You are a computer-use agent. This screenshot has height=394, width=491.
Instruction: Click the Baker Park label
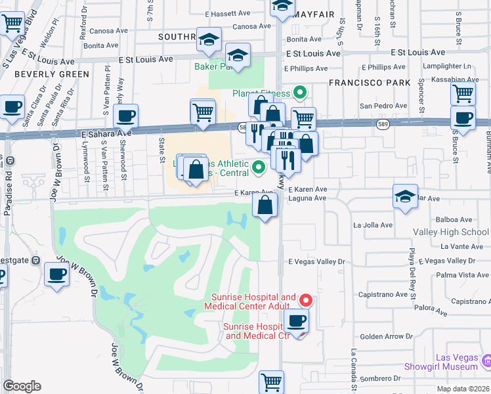click(x=214, y=66)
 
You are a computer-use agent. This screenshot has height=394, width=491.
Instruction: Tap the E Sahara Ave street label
click(x=106, y=132)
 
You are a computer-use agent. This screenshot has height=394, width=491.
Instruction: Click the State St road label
click(x=161, y=150)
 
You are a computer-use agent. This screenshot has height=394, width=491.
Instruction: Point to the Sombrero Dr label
click(x=380, y=378)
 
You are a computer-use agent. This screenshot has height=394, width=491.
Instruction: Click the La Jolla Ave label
click(x=373, y=225)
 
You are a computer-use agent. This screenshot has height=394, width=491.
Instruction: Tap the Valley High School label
click(x=450, y=232)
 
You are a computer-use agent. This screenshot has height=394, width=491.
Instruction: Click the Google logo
click(x=22, y=386)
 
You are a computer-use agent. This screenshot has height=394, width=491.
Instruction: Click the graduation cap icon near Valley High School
click(x=405, y=196)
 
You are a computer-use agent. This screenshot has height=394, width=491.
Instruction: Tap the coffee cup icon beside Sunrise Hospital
click(x=296, y=321)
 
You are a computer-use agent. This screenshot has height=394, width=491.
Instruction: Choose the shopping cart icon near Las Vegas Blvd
click(x=12, y=24)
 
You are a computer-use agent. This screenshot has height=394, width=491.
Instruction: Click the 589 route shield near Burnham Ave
click(x=382, y=123)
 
